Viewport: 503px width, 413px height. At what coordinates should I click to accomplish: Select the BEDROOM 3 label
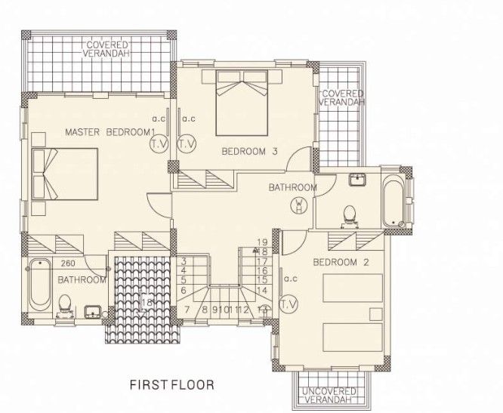coord(249,152)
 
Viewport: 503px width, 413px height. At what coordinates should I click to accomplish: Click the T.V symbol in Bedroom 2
coord(288,304)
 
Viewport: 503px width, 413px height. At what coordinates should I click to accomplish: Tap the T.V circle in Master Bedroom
coord(159,143)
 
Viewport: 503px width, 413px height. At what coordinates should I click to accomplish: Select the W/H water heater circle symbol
coord(300,205)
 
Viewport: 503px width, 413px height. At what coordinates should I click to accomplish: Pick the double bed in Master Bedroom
coord(65,174)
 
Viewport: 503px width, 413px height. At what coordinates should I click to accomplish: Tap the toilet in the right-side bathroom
coord(349,216)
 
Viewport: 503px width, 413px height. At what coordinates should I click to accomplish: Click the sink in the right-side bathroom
coord(356,180)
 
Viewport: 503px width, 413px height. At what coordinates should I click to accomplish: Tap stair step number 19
coord(263,242)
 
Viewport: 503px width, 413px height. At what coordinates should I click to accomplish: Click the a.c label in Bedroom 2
coord(289,279)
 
